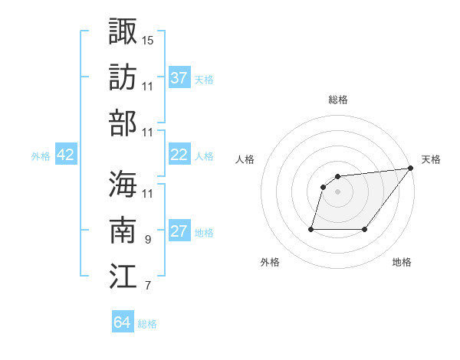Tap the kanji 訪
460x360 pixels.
point(123,77)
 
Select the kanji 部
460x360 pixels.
point(123,123)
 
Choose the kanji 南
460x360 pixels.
point(123,229)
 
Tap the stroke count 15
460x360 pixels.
point(148,39)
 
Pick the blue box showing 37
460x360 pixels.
point(179,78)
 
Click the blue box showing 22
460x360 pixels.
point(179,155)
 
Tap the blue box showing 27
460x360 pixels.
point(179,231)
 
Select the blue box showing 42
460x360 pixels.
point(66,155)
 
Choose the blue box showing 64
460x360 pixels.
point(122,322)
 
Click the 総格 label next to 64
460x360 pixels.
point(147,324)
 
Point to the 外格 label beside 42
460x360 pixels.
point(41,156)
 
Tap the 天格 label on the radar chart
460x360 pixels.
point(431,159)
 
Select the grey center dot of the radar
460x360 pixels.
point(337,192)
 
